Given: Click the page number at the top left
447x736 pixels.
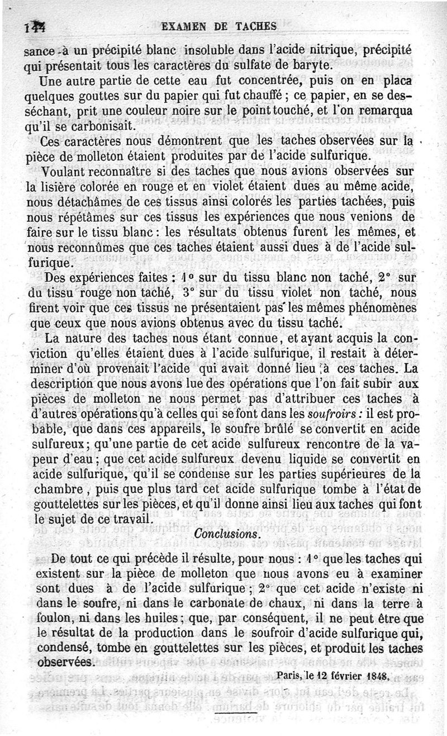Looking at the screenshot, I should (x=35, y=27).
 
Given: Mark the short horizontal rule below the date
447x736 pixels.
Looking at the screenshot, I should (x=235, y=711).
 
